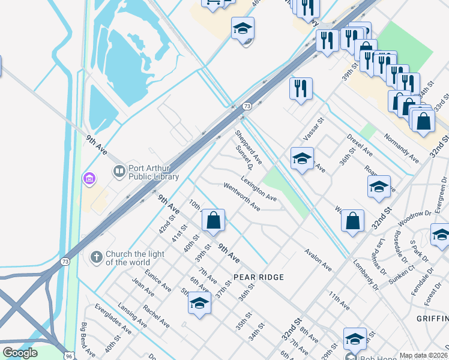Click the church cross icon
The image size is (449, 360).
[95, 257]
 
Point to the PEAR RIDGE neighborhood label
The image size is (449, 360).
[258, 277]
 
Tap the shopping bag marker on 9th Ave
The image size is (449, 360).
[213, 220]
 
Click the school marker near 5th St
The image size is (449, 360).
[199, 303]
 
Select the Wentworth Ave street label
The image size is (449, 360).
[241, 197]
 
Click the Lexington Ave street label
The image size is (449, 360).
[259, 188]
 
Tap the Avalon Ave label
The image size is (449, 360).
[318, 259]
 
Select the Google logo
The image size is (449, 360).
[20, 353]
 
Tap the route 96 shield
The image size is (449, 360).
[69, 356]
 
